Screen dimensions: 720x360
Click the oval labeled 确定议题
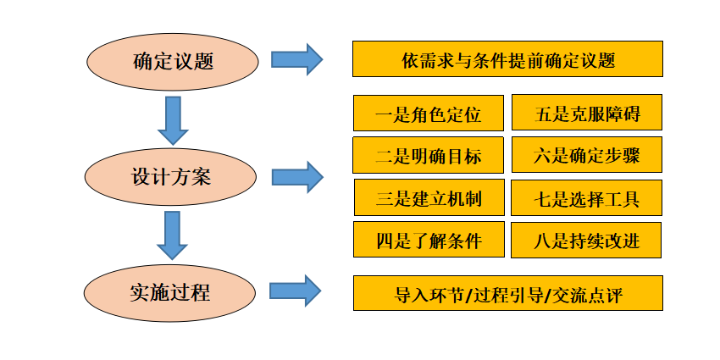pyautogui.click(x=173, y=62)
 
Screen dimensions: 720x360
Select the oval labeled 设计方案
pyautogui.click(x=171, y=177)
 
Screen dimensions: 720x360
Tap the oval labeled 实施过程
pyautogui.click(x=170, y=292)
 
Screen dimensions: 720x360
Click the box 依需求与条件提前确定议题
pyautogui.click(x=508, y=58)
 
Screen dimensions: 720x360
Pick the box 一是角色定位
pyautogui.click(x=429, y=113)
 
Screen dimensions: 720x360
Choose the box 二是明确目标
pyautogui.click(x=428, y=155)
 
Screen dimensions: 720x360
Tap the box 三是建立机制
pyautogui.click(x=429, y=197)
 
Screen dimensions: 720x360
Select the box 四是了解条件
pyautogui.click(x=429, y=239)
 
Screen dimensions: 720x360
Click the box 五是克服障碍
pyautogui.click(x=587, y=113)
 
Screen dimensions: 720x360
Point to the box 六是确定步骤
pyautogui.click(x=587, y=155)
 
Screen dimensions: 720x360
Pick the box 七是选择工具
pyautogui.click(x=586, y=197)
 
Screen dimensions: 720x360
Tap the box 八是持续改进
pyautogui.click(x=586, y=241)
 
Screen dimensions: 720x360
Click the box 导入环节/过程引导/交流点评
pyautogui.click(x=508, y=293)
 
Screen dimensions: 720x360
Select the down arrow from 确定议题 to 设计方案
pyautogui.click(x=173, y=120)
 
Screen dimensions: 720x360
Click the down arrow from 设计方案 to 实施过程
pyautogui.click(x=172, y=235)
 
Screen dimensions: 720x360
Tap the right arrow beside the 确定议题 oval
pyautogui.click(x=297, y=59)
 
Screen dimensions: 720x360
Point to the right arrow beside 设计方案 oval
pyautogui.click(x=297, y=177)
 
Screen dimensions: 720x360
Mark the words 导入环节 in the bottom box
pyautogui.click(x=429, y=295)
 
